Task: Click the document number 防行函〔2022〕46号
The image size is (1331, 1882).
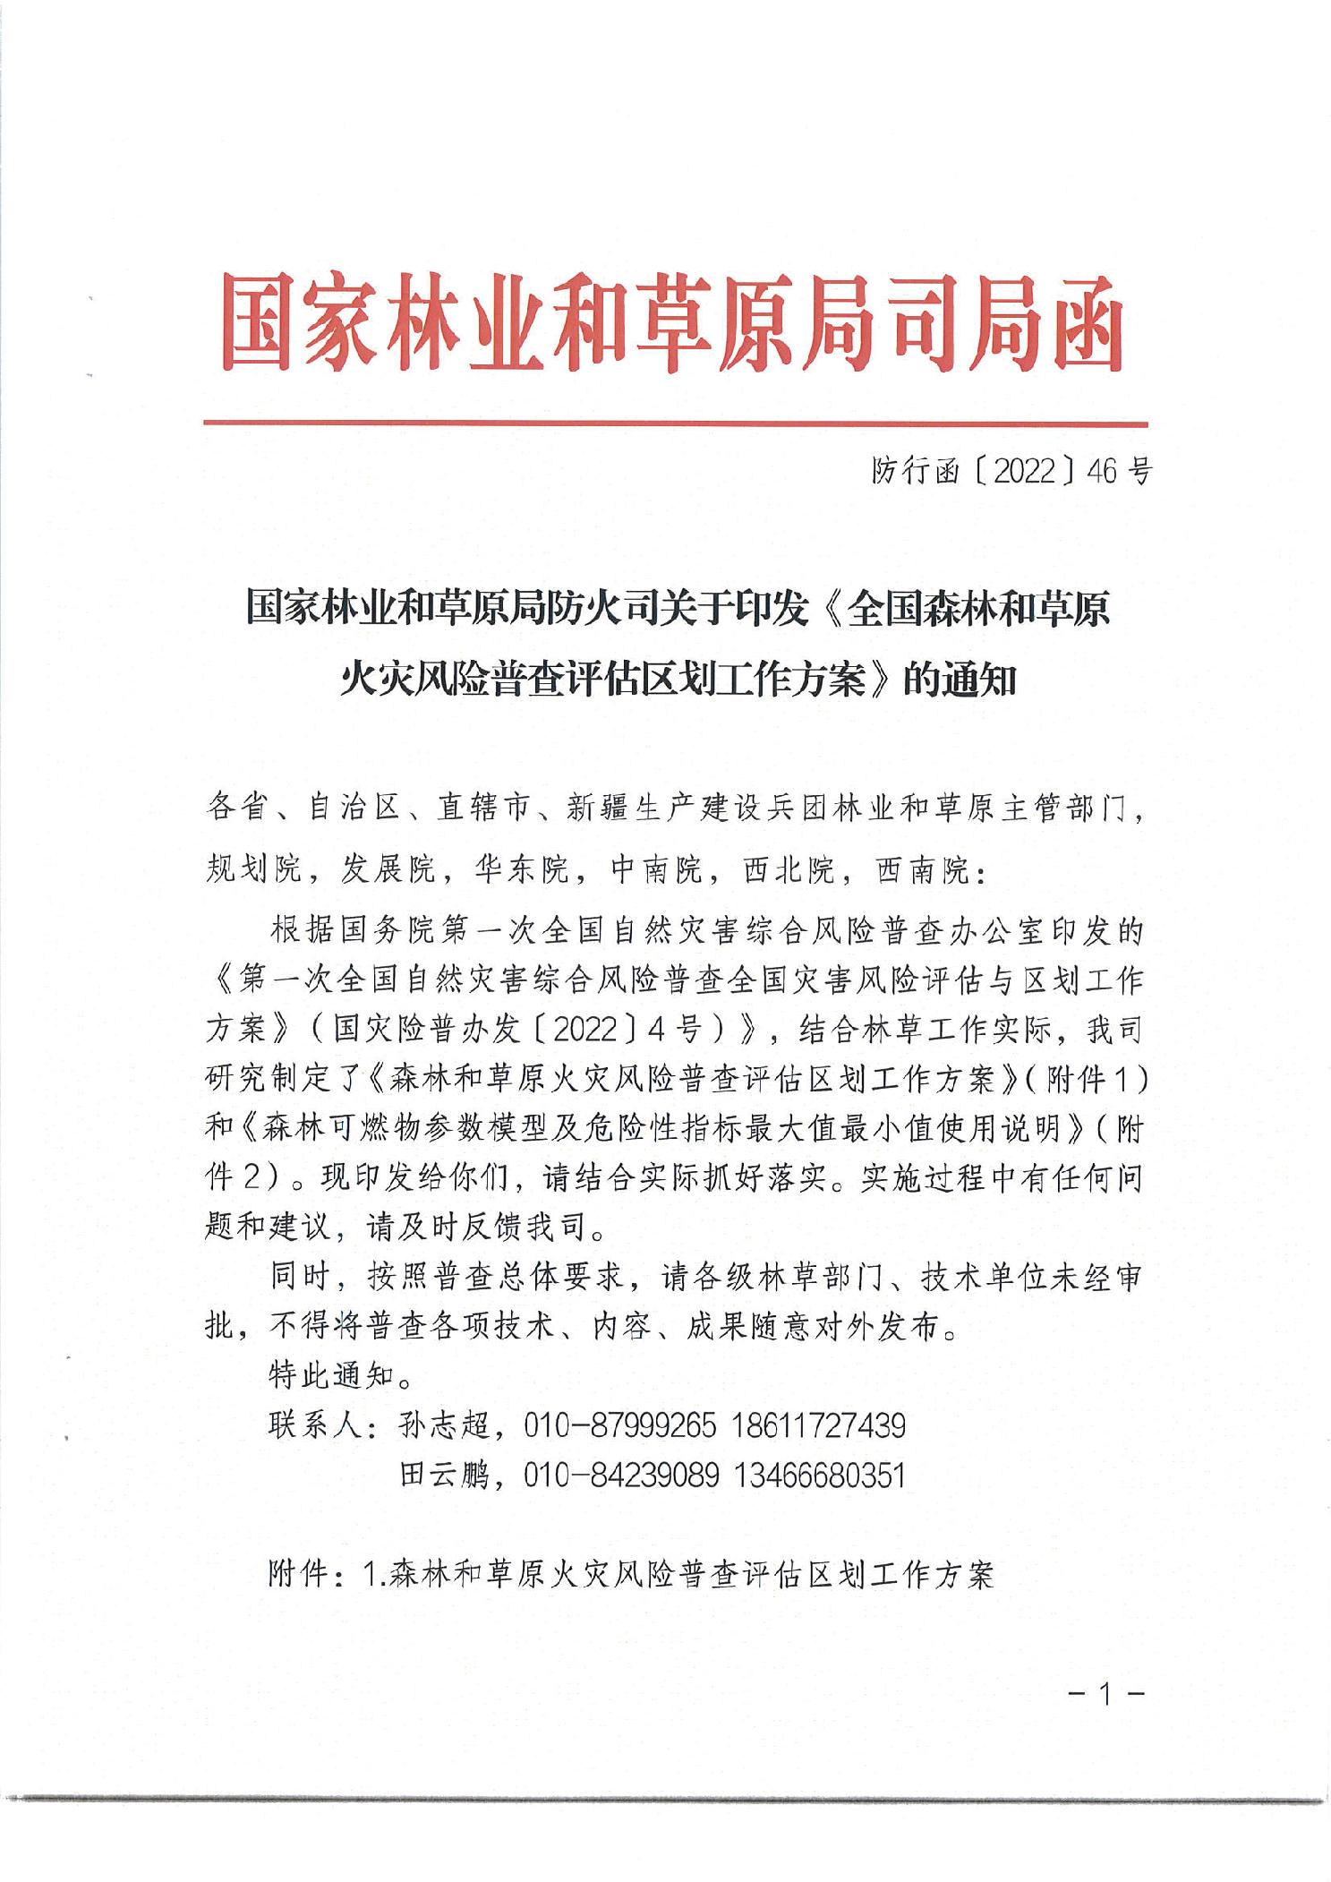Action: pos(1010,471)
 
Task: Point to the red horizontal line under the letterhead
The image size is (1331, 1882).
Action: pos(675,423)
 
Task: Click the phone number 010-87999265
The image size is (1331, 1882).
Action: pos(620,1424)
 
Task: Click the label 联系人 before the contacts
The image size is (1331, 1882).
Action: pos(318,1424)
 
